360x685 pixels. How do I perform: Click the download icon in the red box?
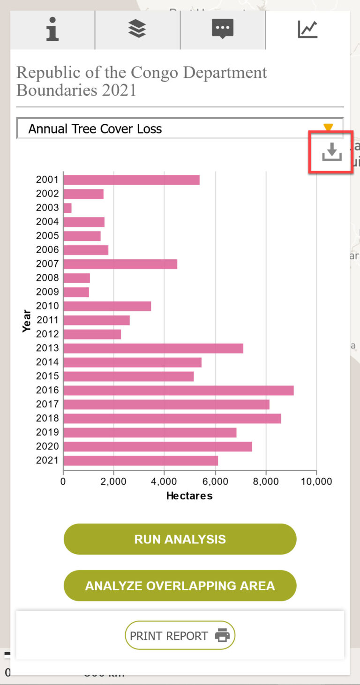(331, 152)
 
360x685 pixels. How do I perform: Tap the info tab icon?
(52, 29)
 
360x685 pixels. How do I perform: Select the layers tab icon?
(137, 29)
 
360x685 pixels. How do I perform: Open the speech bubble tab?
(223, 29)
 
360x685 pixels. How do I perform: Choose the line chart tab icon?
(307, 29)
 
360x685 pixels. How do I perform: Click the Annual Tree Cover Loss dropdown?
(180, 129)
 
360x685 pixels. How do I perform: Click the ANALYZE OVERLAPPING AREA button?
(180, 586)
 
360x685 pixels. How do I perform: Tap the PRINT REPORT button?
(180, 636)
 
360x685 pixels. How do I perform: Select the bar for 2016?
(178, 390)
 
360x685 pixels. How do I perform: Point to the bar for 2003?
(67, 208)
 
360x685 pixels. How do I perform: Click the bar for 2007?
(120, 264)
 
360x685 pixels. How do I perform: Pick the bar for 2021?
(141, 460)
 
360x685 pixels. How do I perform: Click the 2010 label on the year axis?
(47, 306)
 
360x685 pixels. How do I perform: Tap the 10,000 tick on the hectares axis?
(316, 482)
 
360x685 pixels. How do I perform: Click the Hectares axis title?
(189, 496)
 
